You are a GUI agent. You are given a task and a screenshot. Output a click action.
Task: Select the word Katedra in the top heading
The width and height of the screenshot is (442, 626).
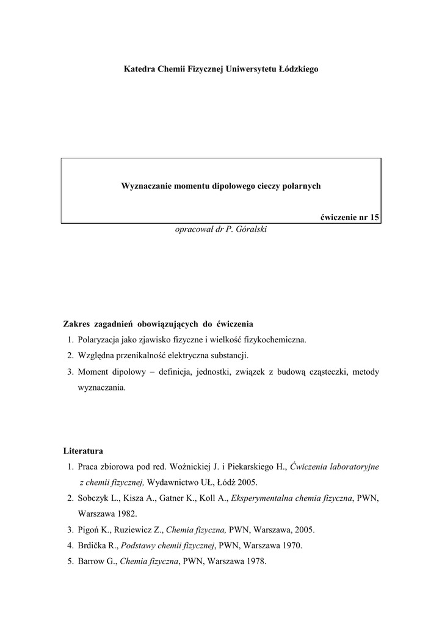140,70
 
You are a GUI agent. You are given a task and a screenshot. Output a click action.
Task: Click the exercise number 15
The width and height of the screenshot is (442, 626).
374,218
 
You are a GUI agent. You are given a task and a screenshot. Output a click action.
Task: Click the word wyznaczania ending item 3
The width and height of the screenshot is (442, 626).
101,387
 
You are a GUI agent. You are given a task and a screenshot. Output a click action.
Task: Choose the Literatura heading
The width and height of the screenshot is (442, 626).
83,451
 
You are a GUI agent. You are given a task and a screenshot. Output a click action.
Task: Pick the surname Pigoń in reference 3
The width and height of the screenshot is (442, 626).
90,530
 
